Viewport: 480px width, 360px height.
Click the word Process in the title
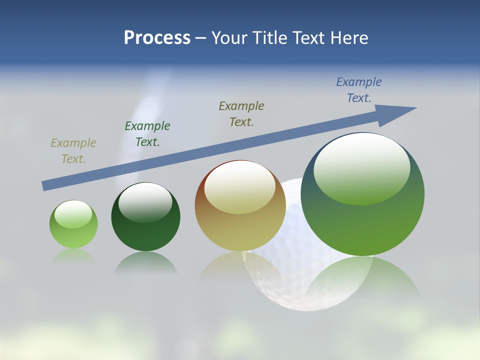[x=157, y=38]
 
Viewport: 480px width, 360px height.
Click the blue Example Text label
[x=359, y=90]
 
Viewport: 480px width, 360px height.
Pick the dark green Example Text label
[x=147, y=134]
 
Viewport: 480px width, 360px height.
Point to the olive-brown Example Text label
[x=241, y=113]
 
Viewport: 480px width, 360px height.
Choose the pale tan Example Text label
[x=73, y=151]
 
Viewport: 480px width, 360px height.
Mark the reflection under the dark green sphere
[x=145, y=262]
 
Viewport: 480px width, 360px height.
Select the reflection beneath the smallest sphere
[x=73, y=256]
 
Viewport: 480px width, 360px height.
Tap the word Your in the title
[x=230, y=38]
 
